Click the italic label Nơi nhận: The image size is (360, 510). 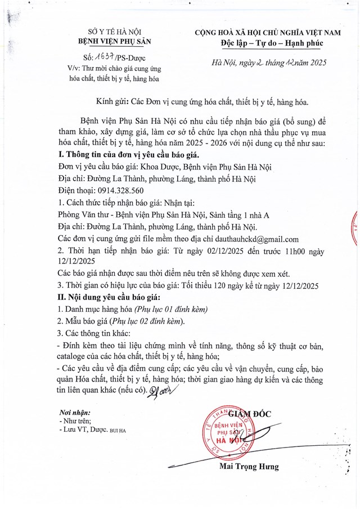pos(74,411)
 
